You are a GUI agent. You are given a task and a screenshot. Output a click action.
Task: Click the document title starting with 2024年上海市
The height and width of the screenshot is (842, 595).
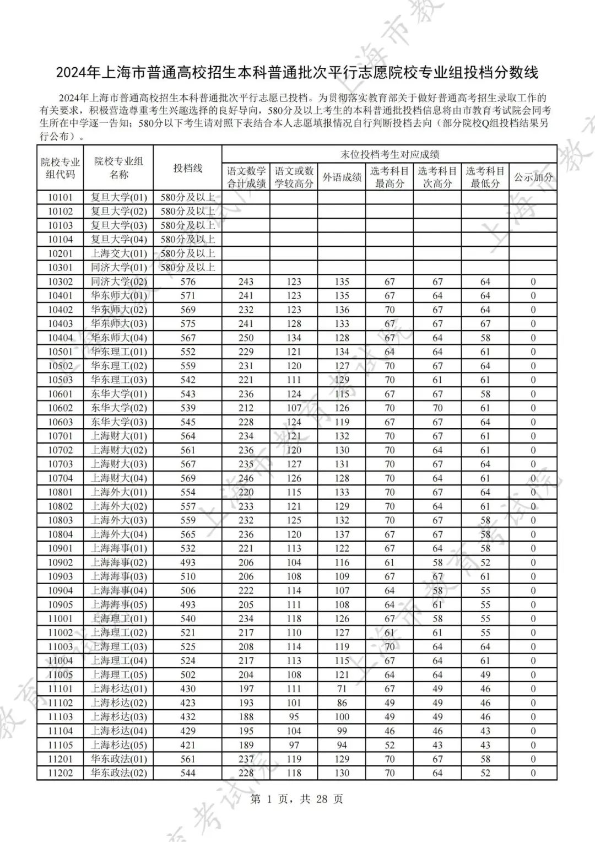pyautogui.click(x=297, y=72)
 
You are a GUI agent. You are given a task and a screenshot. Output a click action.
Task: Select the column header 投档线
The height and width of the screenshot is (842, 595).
pyautogui.click(x=188, y=168)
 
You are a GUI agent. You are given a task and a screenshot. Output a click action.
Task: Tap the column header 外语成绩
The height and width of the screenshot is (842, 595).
pyautogui.click(x=342, y=177)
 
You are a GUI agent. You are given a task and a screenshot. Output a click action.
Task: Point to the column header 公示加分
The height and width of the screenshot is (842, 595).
pyautogui.click(x=533, y=177)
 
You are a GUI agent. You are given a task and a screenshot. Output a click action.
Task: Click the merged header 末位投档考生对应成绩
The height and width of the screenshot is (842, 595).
pyautogui.click(x=389, y=154)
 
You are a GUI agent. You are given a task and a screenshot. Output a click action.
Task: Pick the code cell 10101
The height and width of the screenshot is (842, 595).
pyautogui.click(x=60, y=197)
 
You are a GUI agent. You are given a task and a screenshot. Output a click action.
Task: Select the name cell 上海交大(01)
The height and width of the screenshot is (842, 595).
pyautogui.click(x=118, y=253)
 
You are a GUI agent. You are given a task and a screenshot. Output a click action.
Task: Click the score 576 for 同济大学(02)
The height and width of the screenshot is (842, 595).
pyautogui.click(x=188, y=282)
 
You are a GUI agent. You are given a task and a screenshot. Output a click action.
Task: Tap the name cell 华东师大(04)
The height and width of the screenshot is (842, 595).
pyautogui.click(x=118, y=338)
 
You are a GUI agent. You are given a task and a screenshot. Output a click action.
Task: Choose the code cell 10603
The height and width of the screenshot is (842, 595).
pyautogui.click(x=60, y=422)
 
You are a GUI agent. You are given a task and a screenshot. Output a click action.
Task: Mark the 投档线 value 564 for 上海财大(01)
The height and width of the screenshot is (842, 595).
pyautogui.click(x=188, y=436)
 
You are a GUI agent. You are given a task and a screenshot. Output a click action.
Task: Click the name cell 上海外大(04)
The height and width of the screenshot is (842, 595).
pyautogui.click(x=118, y=535)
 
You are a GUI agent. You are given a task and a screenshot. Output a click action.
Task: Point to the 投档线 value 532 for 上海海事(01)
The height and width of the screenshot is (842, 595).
pyautogui.click(x=188, y=548)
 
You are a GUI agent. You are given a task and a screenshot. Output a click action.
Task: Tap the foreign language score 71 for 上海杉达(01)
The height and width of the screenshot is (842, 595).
pyautogui.click(x=342, y=689)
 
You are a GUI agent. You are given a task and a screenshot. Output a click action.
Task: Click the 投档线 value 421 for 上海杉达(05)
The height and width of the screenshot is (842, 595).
pyautogui.click(x=188, y=745)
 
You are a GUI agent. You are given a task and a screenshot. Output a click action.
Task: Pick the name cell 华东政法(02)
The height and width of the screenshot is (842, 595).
pyautogui.click(x=118, y=773)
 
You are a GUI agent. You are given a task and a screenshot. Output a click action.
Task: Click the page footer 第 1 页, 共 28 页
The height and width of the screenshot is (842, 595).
pyautogui.click(x=297, y=799)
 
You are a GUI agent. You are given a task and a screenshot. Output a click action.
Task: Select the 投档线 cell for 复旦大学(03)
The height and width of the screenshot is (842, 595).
pyautogui.click(x=188, y=225)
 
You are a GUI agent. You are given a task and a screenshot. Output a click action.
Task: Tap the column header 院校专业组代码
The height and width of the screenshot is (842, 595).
pyautogui.click(x=60, y=168)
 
